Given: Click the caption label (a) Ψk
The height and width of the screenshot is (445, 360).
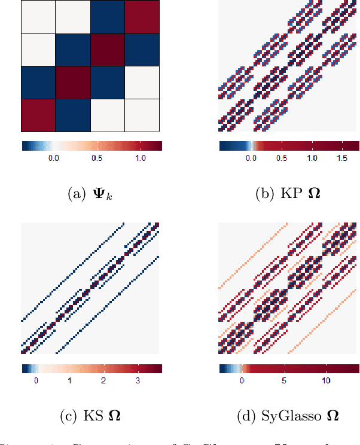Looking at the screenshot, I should [91, 194].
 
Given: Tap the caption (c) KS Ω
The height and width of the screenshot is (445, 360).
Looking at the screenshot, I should [91, 414].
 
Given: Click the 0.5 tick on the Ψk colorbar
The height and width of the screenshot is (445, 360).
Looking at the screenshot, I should [96, 158].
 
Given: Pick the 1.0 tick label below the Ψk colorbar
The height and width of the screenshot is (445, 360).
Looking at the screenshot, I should [140, 158].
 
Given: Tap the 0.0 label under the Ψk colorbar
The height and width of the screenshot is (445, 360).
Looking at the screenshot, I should [53, 158].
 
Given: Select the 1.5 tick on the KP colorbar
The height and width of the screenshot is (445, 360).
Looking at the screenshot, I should [342, 158].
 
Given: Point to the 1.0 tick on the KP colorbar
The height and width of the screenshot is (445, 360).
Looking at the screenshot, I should [312, 158].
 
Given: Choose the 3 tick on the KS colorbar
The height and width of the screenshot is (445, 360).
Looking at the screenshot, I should [138, 380].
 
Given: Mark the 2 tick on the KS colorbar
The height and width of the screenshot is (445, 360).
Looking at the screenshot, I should [104, 380].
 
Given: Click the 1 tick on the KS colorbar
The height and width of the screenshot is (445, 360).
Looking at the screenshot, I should [70, 380].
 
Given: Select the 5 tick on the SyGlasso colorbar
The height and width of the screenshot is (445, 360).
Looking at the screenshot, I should [284, 380].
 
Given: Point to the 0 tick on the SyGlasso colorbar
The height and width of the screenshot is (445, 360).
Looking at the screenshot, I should [242, 380].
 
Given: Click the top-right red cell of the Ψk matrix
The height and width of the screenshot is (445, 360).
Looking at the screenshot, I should [142, 17].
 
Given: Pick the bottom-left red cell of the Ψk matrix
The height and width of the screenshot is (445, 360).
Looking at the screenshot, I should [38, 115].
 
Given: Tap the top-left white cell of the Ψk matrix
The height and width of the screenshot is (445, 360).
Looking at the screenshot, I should [38, 17].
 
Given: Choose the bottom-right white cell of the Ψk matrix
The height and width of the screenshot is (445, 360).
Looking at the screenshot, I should [142, 115].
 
